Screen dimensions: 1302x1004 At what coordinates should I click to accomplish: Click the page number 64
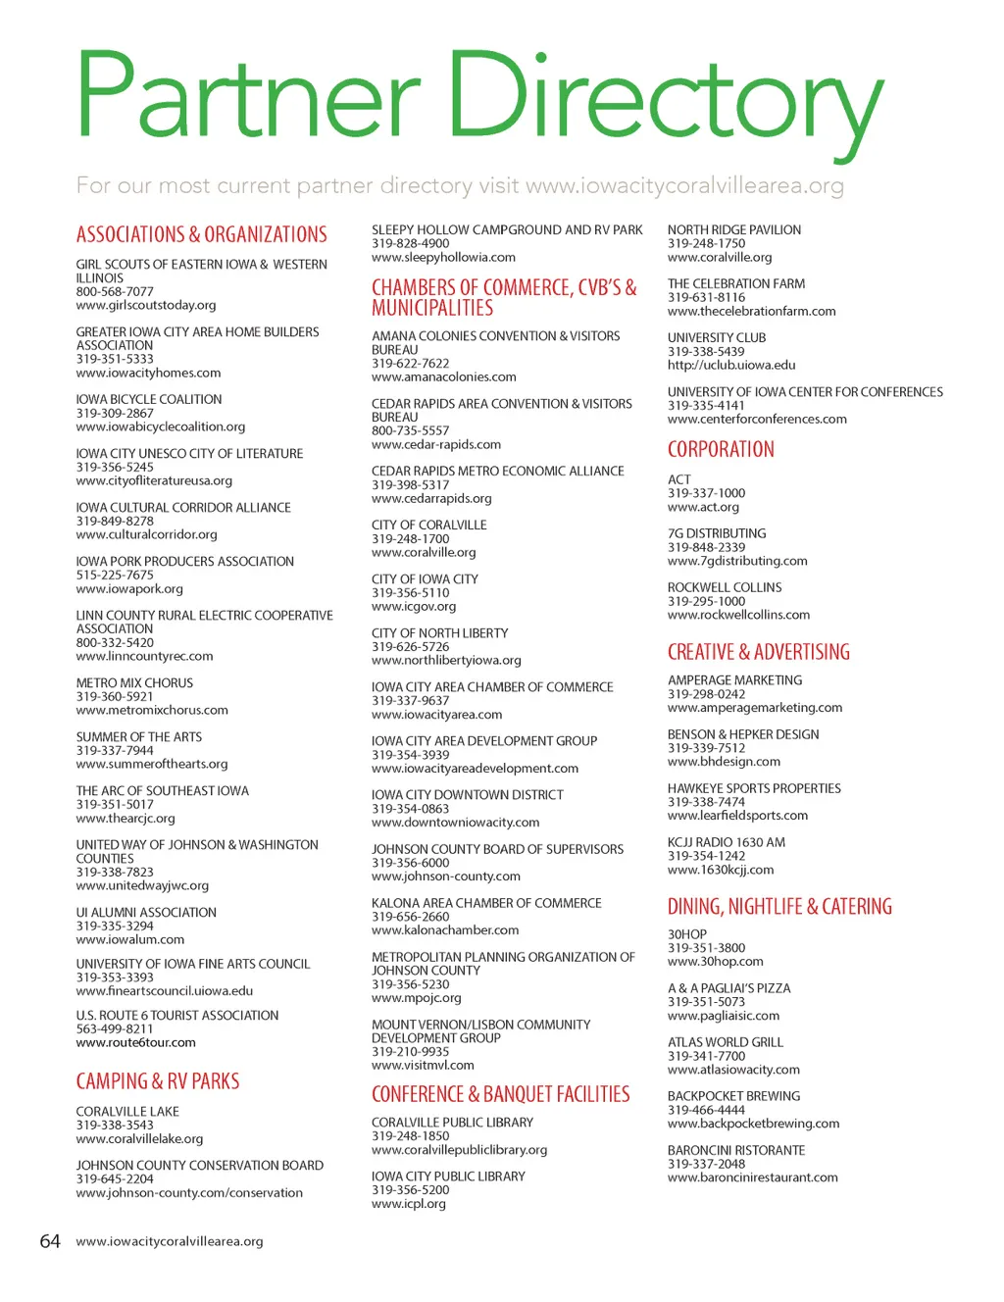[x=50, y=1241]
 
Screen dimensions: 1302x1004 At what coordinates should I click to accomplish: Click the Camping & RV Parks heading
[x=158, y=1081]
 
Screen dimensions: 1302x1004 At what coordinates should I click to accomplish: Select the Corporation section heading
[x=721, y=449]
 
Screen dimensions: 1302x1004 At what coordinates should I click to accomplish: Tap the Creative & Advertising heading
[x=759, y=652]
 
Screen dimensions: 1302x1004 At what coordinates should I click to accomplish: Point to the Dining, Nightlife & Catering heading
[x=779, y=906]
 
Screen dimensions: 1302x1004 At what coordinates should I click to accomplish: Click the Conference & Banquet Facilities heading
[x=500, y=1094]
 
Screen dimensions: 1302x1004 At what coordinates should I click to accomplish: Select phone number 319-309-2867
[x=115, y=413]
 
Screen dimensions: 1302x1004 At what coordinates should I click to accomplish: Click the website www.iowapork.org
[x=129, y=589]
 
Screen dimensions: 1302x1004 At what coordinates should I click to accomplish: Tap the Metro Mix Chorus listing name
[x=134, y=682]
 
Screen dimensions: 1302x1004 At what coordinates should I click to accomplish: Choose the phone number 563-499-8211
[x=115, y=1028]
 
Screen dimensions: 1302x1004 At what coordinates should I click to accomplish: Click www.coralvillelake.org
[x=139, y=1139]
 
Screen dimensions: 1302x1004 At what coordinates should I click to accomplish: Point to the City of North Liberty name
[x=439, y=633]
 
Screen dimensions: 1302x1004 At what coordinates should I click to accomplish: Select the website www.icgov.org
[x=414, y=607]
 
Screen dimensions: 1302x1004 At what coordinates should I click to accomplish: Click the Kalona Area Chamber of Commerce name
[x=486, y=903]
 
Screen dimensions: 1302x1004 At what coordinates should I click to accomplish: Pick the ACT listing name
[x=678, y=479]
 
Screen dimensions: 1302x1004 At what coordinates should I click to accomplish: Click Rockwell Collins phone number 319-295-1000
[x=706, y=601]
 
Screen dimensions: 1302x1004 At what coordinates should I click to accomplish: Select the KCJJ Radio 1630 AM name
[x=726, y=842]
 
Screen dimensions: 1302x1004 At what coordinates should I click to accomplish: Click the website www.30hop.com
[x=715, y=962]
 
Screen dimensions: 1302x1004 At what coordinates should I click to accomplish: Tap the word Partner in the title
[x=247, y=95]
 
